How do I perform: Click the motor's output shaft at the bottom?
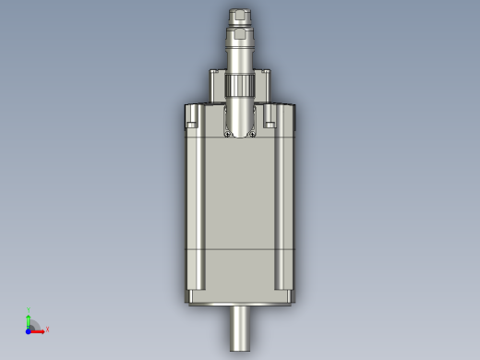point(240,329)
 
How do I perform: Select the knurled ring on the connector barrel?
point(240,88)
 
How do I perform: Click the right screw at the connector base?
point(253,133)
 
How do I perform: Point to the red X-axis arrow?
point(39,328)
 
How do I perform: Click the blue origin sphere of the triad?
point(29,328)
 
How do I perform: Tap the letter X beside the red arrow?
point(47,329)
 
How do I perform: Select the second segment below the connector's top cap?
point(240,36)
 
